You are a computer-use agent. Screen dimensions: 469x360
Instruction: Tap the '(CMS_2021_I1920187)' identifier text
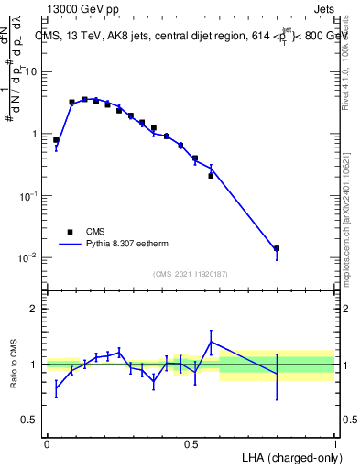pos(191,274)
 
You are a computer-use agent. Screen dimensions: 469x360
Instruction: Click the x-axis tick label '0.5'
pos(191,443)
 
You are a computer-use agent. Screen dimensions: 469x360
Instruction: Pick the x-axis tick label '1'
pos(335,443)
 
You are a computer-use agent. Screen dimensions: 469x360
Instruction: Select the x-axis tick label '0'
pos(47,443)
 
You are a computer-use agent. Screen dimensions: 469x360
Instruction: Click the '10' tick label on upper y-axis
pos(31,71)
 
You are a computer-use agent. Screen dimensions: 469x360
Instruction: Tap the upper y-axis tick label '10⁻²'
pos(27,257)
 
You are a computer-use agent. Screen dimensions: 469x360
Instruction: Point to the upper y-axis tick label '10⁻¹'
pos(27,195)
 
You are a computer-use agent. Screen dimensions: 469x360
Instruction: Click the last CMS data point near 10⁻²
pos(277,248)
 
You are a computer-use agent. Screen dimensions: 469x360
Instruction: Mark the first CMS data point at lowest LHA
pos(56,140)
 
